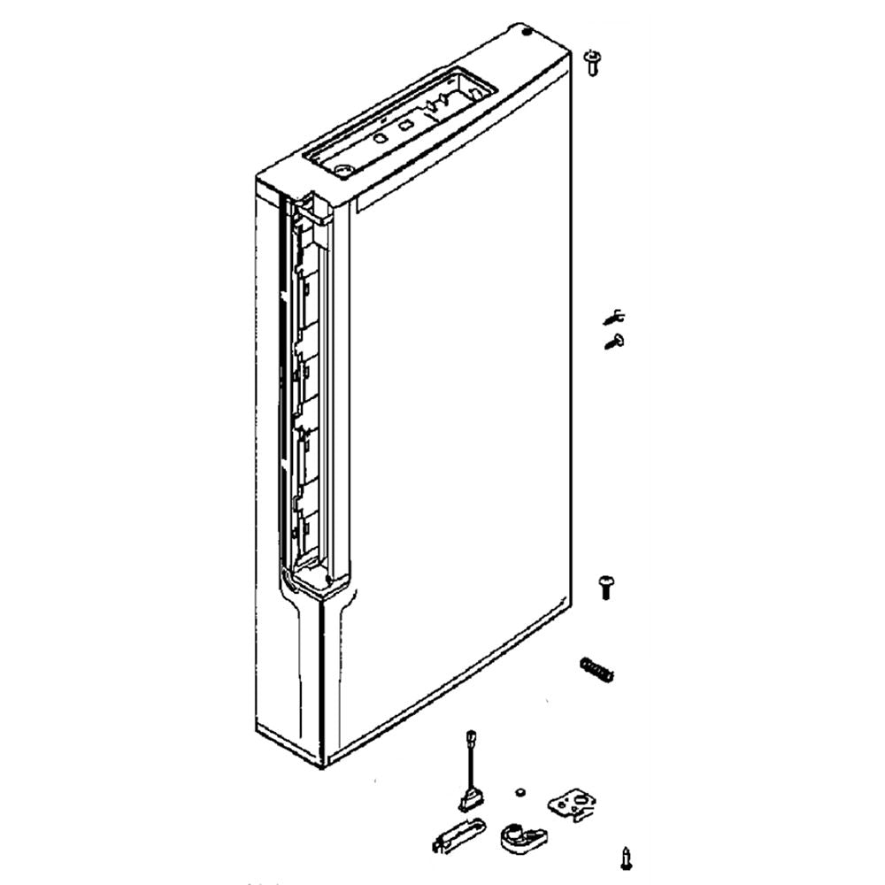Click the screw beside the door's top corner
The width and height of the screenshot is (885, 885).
coord(592,62)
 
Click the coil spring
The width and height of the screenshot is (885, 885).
coord(596,669)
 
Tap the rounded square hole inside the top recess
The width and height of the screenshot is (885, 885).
coord(405,126)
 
